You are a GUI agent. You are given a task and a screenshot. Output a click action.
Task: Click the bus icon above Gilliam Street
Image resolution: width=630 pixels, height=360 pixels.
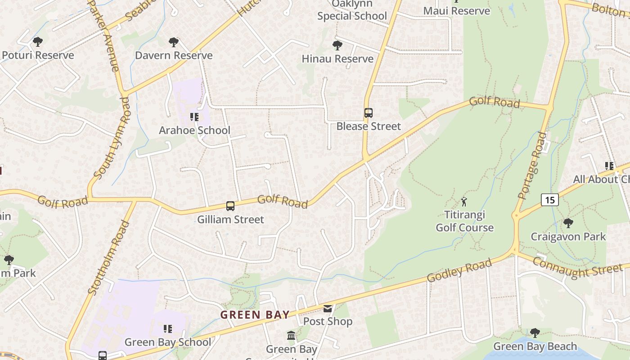pos(230,206)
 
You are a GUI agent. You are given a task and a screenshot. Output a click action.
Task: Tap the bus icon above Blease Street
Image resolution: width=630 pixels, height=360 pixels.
pos(368,113)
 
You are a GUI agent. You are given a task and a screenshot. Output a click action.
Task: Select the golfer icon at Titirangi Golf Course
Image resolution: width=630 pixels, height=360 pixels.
pos(464,202)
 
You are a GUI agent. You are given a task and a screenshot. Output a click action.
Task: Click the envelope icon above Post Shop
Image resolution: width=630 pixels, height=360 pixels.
pos(328,309)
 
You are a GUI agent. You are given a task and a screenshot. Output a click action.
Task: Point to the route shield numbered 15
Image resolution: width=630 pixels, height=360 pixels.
pos(550,199)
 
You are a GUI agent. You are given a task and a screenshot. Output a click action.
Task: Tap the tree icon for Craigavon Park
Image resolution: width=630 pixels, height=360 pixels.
pos(568,223)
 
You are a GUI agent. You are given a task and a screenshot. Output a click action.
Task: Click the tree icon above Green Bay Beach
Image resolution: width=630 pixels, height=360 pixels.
pos(535,333)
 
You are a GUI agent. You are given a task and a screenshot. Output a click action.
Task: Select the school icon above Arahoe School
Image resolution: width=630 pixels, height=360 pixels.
pos(194,117)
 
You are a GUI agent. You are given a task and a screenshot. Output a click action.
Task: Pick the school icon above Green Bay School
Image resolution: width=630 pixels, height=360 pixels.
pos(167,329)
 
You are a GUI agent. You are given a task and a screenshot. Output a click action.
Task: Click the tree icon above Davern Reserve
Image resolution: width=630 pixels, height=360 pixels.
pos(173,42)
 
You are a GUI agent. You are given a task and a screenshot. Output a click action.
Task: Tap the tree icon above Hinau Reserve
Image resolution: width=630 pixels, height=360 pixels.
pos(337,45)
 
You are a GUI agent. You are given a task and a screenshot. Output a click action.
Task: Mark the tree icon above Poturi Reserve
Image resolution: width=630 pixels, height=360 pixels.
pos(38,42)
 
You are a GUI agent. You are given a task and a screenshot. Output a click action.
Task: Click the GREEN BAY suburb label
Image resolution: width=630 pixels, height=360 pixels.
pos(255,315)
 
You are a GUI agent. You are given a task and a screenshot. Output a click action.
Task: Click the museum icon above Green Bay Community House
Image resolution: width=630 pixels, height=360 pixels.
pos(291,336)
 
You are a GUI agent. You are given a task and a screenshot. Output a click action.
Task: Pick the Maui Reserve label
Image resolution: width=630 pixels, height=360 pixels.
pos(456,11)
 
